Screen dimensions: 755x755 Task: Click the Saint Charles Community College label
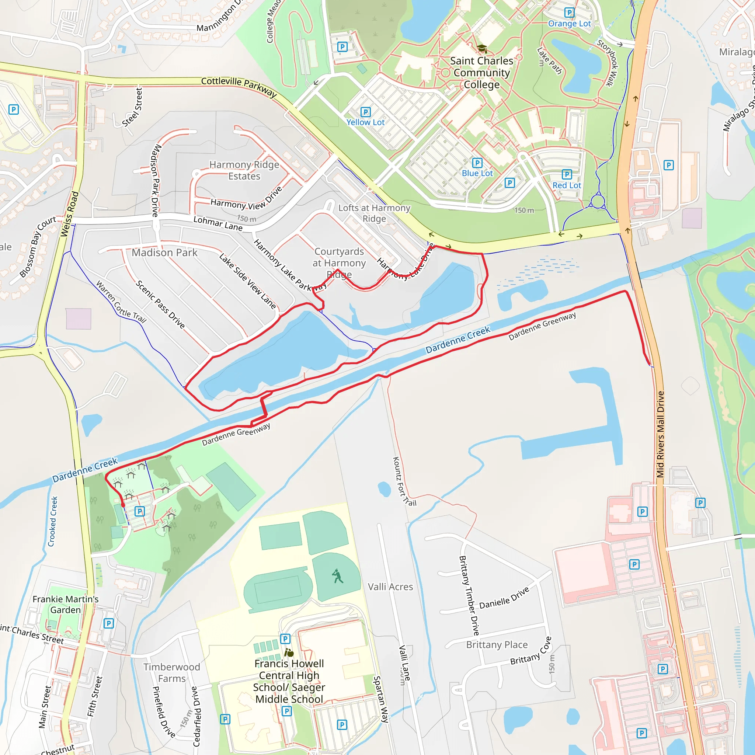(x=481, y=73)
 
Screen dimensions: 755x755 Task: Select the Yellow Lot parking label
(x=365, y=122)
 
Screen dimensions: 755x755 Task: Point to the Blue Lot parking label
(x=477, y=173)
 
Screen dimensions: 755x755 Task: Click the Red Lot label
(x=567, y=185)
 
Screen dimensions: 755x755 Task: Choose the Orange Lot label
(x=569, y=24)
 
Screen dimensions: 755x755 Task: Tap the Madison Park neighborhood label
(x=164, y=253)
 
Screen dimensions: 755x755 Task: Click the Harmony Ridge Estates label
(x=244, y=170)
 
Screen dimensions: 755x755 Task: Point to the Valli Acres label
(x=390, y=587)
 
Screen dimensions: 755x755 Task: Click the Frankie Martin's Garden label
(x=65, y=604)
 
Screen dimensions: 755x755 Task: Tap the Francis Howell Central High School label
(x=289, y=681)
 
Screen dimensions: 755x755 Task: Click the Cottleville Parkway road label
(x=239, y=86)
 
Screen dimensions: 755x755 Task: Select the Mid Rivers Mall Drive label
(x=660, y=434)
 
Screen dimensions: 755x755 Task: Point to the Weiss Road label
(x=70, y=214)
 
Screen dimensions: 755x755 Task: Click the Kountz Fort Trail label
(x=404, y=481)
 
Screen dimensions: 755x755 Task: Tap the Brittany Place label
(x=497, y=645)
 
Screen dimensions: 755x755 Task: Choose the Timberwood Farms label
(x=171, y=672)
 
